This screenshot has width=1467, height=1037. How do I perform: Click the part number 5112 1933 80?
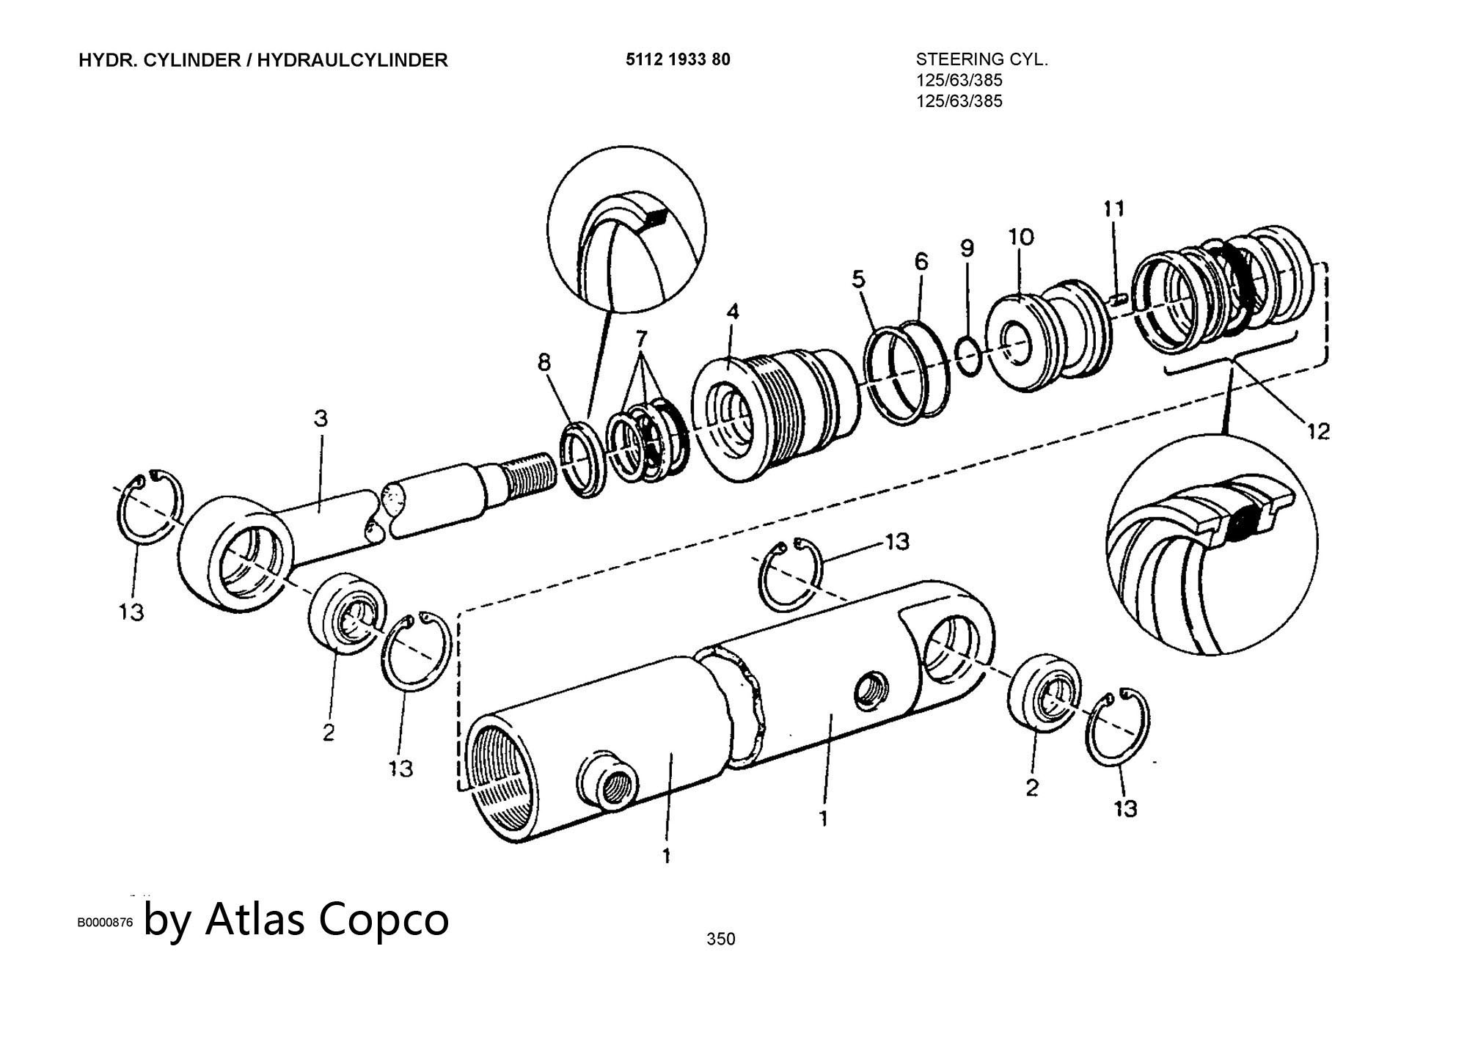[x=678, y=59]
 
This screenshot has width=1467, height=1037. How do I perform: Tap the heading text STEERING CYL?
[x=982, y=60]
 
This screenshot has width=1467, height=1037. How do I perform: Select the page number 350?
[x=720, y=939]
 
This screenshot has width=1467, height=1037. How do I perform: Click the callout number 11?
[x=1113, y=209]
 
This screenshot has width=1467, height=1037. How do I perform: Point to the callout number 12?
[x=1317, y=431]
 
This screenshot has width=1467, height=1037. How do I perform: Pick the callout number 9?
[x=967, y=248]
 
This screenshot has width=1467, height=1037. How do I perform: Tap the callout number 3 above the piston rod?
[x=321, y=419]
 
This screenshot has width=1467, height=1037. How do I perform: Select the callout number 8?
[x=544, y=362]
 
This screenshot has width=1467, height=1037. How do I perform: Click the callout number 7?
[x=641, y=338]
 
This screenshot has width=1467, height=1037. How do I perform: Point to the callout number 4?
[x=733, y=312]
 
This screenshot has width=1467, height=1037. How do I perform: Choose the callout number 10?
[x=1021, y=236]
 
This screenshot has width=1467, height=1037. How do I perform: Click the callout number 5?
[x=858, y=279]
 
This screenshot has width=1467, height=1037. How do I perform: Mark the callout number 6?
[x=921, y=261]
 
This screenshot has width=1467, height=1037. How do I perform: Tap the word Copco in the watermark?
[x=384, y=919]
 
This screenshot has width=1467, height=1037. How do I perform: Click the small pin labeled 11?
[x=1118, y=298]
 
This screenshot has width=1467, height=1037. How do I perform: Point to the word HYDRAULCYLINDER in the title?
[x=352, y=60]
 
